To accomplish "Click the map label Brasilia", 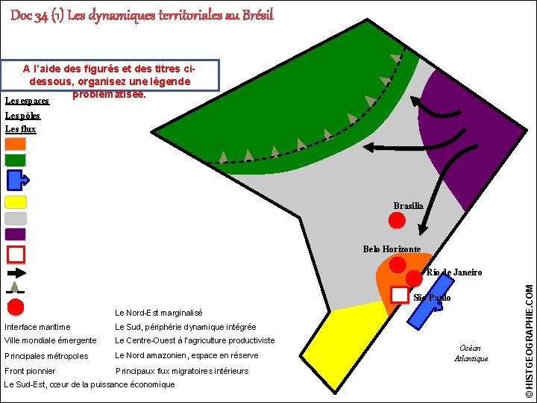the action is (408, 206).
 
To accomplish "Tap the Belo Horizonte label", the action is (392, 249).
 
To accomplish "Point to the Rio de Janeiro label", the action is (454, 272).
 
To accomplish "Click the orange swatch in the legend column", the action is (16, 144).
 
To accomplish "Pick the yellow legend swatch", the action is (16, 201).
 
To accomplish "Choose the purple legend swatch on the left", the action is (16, 234).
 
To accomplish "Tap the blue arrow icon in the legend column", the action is (16, 180).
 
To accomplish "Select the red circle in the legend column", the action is (16, 307).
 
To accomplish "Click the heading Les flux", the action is (20, 129).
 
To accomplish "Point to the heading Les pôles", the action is (22, 116).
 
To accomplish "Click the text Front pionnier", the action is (30, 371).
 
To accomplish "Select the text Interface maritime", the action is (37, 327).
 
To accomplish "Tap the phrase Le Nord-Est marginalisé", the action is (158, 313).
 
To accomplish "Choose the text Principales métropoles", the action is (46, 356).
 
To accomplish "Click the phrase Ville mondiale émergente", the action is (51, 340).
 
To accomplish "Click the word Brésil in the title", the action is (256, 15).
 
